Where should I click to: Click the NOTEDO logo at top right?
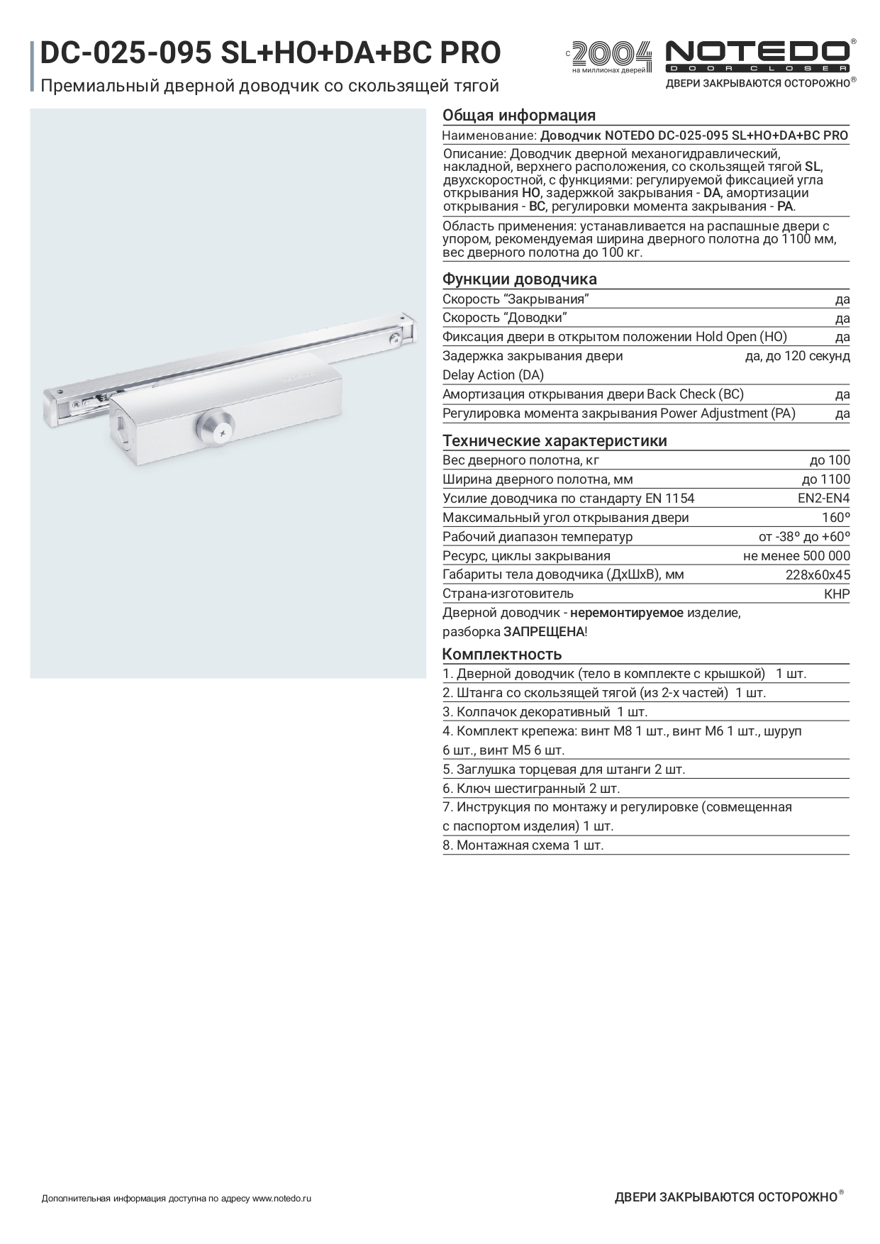757,56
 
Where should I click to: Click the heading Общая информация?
519,116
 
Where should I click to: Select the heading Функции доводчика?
520,279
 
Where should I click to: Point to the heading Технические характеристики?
555,441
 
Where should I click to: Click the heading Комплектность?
502,654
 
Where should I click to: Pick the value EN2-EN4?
823,499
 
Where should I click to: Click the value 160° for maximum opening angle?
835,518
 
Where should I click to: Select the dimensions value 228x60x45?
818,575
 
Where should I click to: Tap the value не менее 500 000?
796,556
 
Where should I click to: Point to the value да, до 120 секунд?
797,356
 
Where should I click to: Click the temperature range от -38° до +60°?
804,537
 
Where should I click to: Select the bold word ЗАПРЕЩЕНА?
544,632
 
